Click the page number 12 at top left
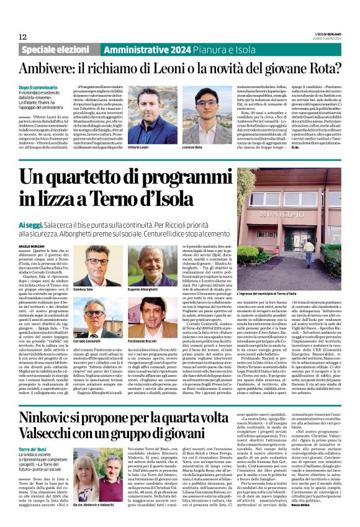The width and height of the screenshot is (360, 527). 23,37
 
